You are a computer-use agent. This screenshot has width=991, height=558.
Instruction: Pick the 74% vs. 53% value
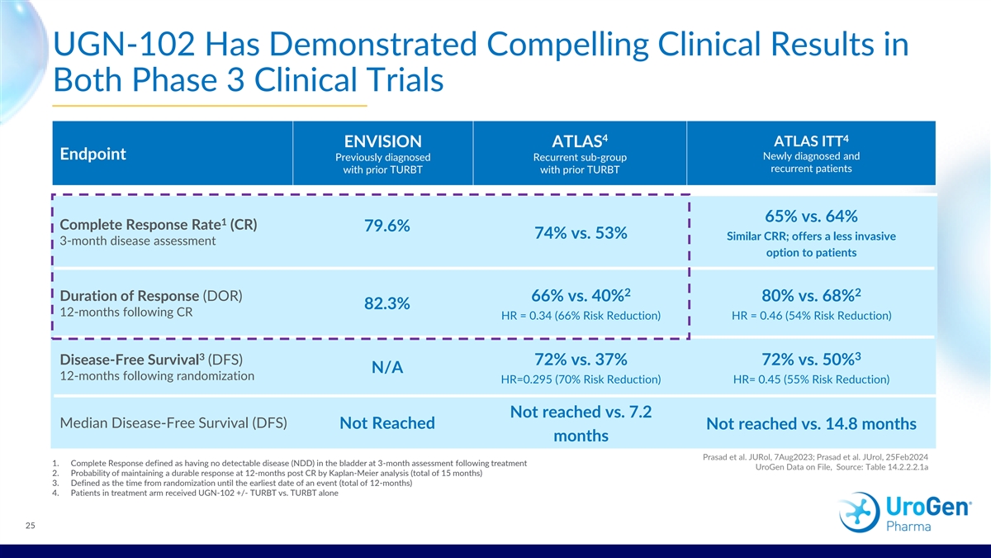click(x=580, y=233)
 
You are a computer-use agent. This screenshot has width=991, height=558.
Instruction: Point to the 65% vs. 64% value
click(x=810, y=217)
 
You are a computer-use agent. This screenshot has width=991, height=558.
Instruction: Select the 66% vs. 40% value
click(x=580, y=296)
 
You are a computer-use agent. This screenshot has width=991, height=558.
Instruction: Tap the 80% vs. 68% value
click(x=810, y=296)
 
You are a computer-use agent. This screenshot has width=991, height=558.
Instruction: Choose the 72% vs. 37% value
click(x=580, y=360)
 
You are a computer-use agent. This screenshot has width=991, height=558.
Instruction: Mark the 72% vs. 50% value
click(x=810, y=360)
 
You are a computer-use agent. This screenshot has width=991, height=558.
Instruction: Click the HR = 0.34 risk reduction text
click(x=580, y=316)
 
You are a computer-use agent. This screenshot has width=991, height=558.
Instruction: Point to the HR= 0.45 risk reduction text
click(x=810, y=379)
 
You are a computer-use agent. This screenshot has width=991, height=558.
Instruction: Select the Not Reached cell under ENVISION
click(x=387, y=423)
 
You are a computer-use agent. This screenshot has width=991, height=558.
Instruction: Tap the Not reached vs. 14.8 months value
click(x=811, y=424)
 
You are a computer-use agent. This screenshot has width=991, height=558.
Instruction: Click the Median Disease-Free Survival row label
click(x=174, y=423)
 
